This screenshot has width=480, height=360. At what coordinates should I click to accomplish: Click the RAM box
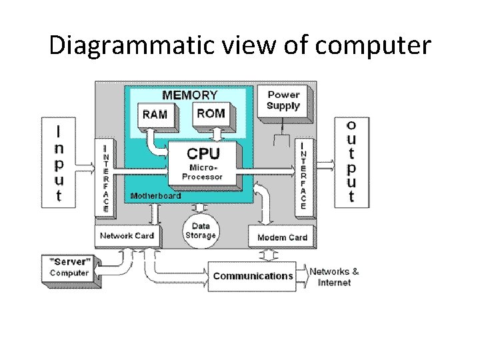tap(155, 114)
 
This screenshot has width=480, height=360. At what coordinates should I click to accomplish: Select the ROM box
tap(211, 113)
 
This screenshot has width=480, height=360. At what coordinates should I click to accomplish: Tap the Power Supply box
tap(283, 101)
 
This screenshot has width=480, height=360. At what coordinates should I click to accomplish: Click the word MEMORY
tap(190, 95)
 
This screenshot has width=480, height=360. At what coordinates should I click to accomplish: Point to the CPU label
tap(203, 153)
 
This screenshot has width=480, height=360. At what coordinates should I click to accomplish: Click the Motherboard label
tap(155, 196)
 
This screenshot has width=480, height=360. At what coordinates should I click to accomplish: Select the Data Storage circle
tap(201, 231)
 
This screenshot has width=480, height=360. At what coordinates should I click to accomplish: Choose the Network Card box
tap(127, 235)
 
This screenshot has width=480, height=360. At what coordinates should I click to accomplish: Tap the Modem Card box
tap(282, 237)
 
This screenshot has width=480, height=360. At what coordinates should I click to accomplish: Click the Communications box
tap(253, 276)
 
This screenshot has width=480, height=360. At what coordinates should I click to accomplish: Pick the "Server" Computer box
tap(69, 268)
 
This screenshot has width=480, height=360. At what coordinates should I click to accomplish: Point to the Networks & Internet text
tap(335, 277)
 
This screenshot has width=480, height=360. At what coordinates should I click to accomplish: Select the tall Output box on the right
tap(351, 161)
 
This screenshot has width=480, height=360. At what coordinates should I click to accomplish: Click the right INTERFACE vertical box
tap(303, 176)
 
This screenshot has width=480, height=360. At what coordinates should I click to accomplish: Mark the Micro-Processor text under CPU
tap(203, 172)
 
